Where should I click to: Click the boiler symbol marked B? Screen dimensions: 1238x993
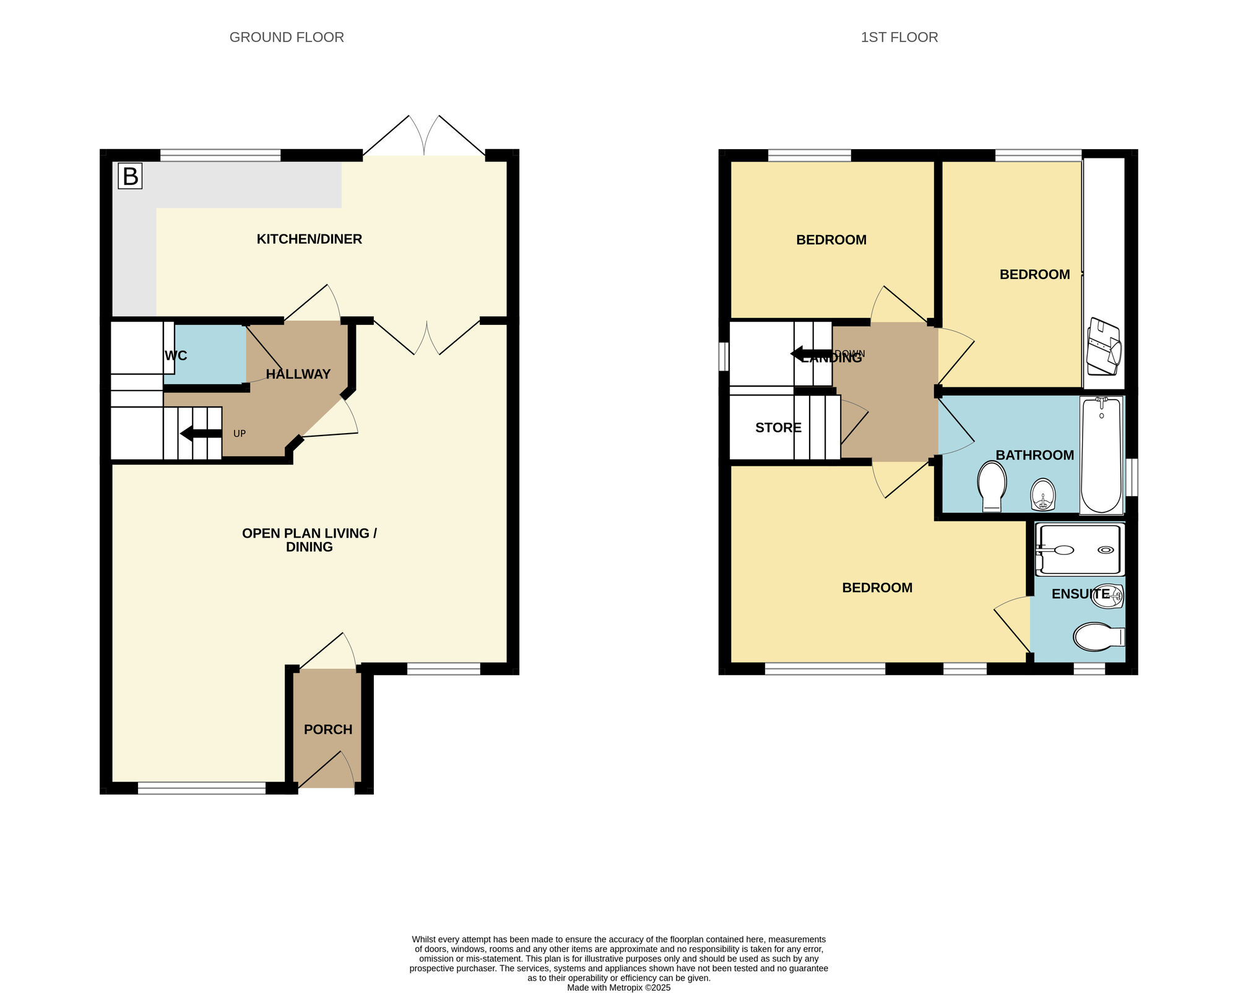pos(130,176)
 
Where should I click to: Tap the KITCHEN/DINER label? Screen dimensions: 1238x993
pos(309,239)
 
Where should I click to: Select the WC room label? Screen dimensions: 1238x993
pos(176,356)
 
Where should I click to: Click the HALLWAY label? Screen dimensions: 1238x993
pos(298,374)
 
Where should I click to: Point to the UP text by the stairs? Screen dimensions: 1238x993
pos(240,434)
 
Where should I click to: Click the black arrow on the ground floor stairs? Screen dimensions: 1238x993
pos(201,433)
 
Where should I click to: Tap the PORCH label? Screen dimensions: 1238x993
pos(328,729)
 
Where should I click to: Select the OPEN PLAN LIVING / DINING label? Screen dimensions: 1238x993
pos(309,540)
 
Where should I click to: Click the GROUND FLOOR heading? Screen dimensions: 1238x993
pos(287,37)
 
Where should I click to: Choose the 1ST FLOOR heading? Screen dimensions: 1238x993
pos(899,37)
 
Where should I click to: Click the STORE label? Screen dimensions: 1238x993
pos(778,428)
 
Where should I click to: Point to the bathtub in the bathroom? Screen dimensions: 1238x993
pos(1101,455)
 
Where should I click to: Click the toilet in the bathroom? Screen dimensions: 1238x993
pos(992,487)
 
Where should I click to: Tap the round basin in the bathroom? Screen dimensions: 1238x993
pos(1043,494)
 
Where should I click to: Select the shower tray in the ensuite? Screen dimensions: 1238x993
pos(1080,549)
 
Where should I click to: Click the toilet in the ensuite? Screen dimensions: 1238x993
pos(1099,637)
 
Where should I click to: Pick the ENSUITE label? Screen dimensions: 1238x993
pos(1081,594)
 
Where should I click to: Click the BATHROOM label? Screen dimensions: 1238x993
pos(1035,455)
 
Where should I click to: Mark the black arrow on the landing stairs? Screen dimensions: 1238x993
pos(812,354)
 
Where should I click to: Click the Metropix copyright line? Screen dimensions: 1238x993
pos(619,988)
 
